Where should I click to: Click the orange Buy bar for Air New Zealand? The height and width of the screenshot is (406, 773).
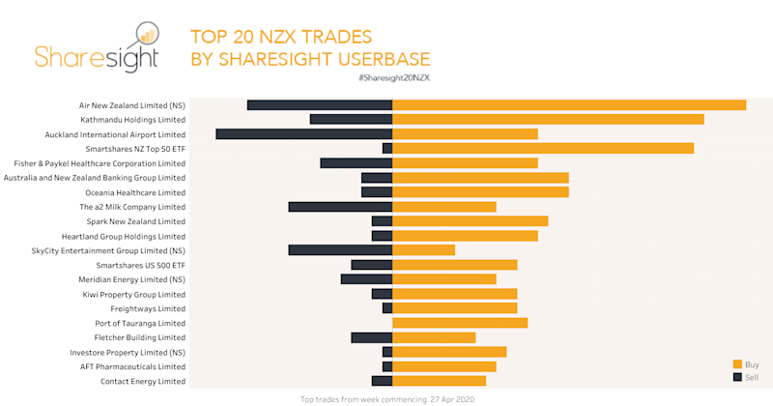pyautogui.click(x=568, y=104)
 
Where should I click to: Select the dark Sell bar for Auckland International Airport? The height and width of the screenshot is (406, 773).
pyautogui.click(x=303, y=133)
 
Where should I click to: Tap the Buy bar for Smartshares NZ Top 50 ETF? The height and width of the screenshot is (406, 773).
pyautogui.click(x=542, y=148)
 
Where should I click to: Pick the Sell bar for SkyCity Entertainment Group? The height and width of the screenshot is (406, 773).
pyautogui.click(x=340, y=249)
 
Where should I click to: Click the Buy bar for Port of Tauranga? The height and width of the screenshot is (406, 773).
pyautogui.click(x=460, y=323)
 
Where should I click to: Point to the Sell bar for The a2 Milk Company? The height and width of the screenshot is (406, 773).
pyautogui.click(x=340, y=206)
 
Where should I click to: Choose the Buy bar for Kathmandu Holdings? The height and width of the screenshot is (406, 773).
pyautogui.click(x=547, y=119)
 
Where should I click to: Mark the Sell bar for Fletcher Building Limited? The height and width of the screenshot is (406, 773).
pyautogui.click(x=371, y=337)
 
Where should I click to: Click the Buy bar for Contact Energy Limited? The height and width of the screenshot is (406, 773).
pyautogui.click(x=439, y=381)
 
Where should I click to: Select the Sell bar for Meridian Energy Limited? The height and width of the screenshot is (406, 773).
pyautogui.click(x=366, y=279)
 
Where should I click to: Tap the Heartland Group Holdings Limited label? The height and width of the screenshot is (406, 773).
pyautogui.click(x=123, y=236)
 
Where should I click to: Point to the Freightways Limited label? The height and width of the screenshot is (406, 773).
pyautogui.click(x=148, y=308)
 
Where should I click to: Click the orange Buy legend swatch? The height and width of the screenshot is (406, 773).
pyautogui.click(x=737, y=363)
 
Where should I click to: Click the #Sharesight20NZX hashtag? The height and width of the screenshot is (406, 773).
pyautogui.click(x=393, y=77)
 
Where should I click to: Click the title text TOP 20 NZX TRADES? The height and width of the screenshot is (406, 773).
pyautogui.click(x=281, y=38)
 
